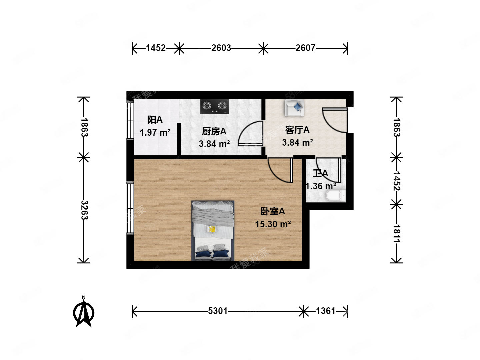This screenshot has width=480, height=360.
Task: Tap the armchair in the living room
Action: pos(294,108)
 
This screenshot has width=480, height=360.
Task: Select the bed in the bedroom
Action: pos(213,230)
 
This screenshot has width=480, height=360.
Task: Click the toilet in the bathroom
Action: pos(335,196)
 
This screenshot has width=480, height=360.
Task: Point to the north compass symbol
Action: pos(84,312)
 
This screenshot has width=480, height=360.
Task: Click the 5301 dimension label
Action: pos(218,311)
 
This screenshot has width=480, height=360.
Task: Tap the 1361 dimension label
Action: pos(325,311)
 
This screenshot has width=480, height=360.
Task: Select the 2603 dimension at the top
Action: pos(221,48)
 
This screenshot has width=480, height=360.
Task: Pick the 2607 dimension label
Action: pos(305,48)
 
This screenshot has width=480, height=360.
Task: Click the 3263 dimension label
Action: pos(84,210)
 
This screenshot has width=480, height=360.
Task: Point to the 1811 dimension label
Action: pos(396,233)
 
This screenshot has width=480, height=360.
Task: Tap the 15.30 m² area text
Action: pos(273,224)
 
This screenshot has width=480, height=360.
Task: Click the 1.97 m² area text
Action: pos(155,133)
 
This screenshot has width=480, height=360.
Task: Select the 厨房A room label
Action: pos(214,131)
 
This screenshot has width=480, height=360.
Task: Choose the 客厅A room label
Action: pos(297,130)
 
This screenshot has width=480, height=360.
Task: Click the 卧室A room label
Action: pos(273,211)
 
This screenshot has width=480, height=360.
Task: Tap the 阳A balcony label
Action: pos(155,120)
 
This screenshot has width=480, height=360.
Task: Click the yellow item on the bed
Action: pos(211,229)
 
